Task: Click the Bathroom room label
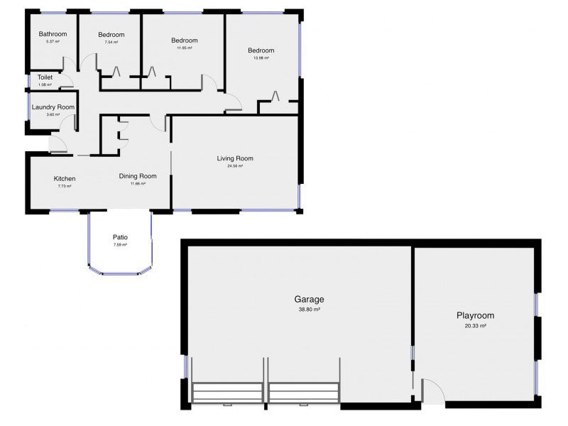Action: (53, 34)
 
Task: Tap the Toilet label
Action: (45, 77)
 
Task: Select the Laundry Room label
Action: (53, 107)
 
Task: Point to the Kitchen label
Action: (65, 178)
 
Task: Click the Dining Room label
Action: (137, 176)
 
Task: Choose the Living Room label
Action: (235, 158)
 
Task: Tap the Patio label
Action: (120, 238)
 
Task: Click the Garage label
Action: (308, 300)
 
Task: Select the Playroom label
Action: (475, 315)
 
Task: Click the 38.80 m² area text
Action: (308, 310)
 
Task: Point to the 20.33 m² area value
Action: (475, 326)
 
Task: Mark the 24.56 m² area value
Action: (235, 166)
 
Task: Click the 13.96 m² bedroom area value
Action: (261, 58)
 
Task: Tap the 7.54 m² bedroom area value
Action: (111, 43)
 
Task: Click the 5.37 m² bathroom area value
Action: (53, 42)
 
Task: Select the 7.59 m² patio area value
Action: (120, 245)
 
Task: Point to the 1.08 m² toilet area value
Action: (45, 85)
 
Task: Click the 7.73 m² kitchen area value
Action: (65, 186)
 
